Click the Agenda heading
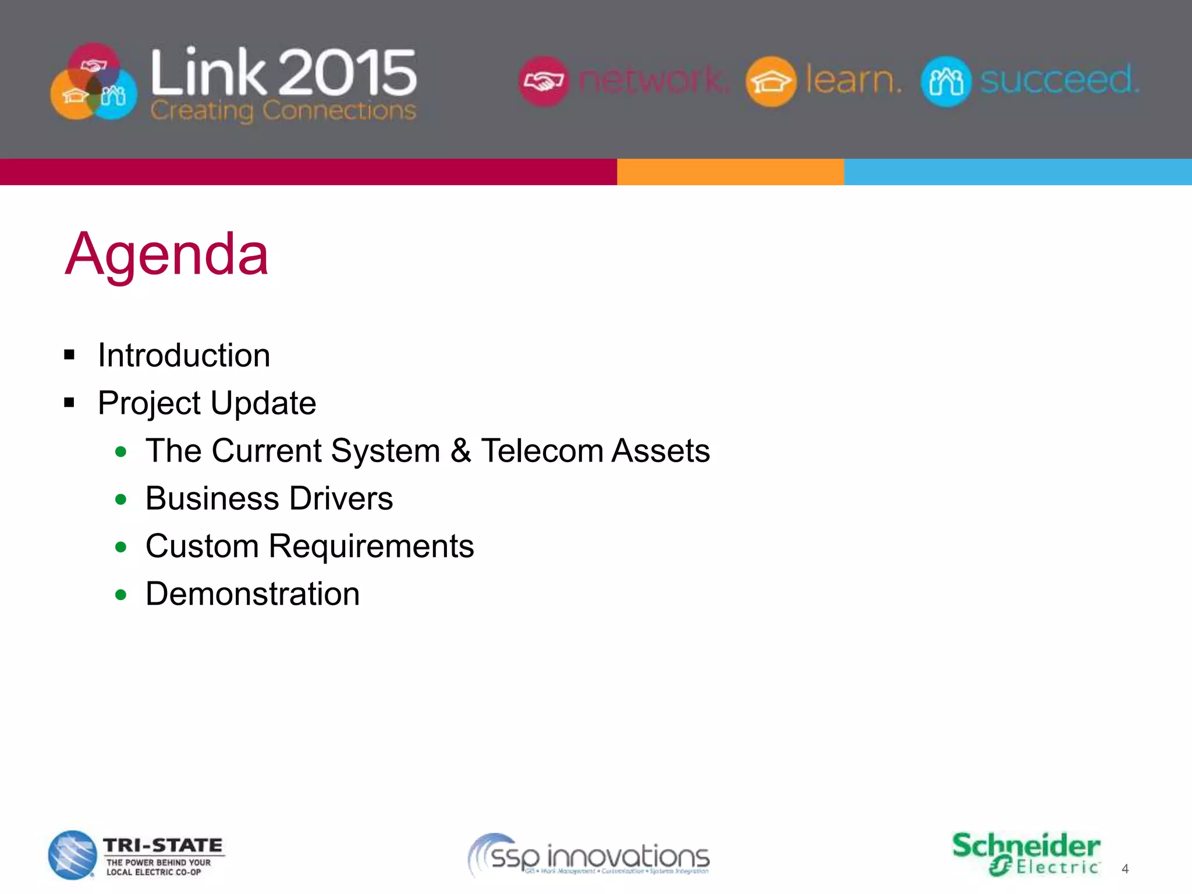click(x=166, y=254)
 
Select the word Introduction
click(x=184, y=355)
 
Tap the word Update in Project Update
click(x=263, y=403)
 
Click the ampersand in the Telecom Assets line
click(x=460, y=450)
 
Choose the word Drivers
click(x=341, y=498)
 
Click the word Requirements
click(x=371, y=547)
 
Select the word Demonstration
click(x=253, y=594)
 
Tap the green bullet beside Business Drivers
click(x=121, y=499)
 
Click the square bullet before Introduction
click(x=70, y=355)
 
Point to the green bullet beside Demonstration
click(x=121, y=595)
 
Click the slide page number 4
click(x=1125, y=869)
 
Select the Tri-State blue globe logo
click(x=72, y=855)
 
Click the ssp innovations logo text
click(x=599, y=857)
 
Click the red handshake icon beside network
click(x=544, y=81)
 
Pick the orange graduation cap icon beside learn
click(x=771, y=81)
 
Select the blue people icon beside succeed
click(x=946, y=81)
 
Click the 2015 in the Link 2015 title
click(x=348, y=72)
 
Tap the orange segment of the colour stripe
click(x=730, y=172)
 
